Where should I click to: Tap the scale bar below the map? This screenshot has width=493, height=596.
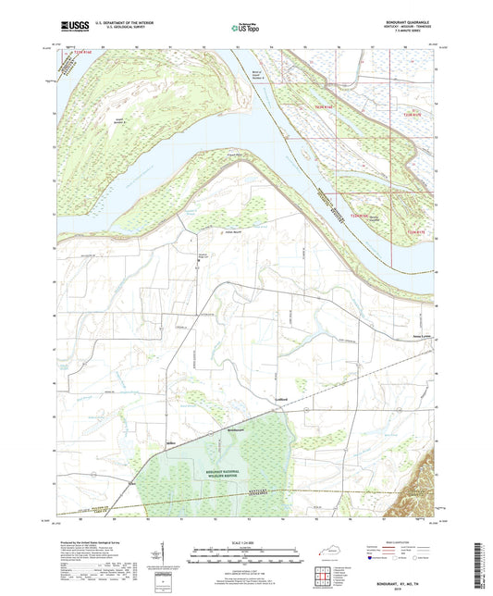click(x=246, y=558)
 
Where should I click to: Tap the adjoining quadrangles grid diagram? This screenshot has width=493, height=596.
click(x=319, y=577)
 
